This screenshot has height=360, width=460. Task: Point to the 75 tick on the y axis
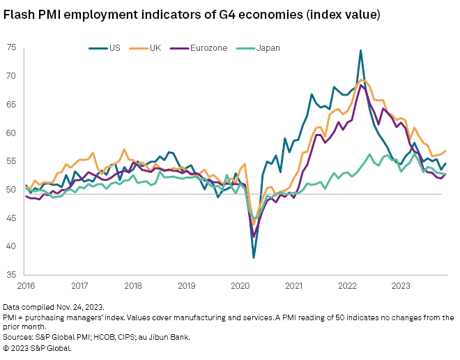[11, 47]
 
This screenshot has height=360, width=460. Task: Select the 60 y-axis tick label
[11, 133]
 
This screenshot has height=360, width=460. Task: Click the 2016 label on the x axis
[26, 285]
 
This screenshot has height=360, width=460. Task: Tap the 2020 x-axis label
[240, 285]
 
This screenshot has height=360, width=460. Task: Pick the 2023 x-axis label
[401, 285]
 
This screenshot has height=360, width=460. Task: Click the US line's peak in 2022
[360, 50]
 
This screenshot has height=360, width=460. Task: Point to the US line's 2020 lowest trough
[254, 257]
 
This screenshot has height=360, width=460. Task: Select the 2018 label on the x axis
[133, 285]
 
